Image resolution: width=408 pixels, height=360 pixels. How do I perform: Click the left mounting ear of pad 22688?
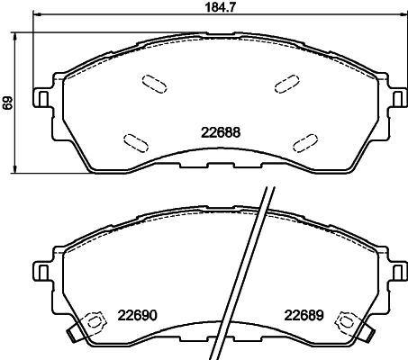point(41,96)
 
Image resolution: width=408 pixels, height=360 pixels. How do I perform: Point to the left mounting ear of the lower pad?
point(41,271)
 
